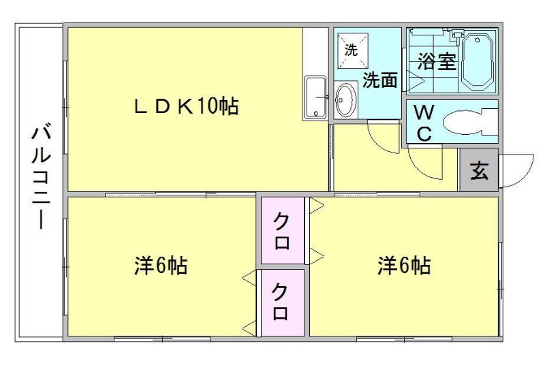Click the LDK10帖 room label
tap(185, 106)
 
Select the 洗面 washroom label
tap(379, 80)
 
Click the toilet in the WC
tap(469, 122)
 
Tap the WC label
tap(423, 123)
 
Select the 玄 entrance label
tap(480, 170)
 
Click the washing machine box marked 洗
tap(352, 49)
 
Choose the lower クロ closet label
tap(281, 303)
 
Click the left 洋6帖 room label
tap(161, 266)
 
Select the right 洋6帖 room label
tap(405, 266)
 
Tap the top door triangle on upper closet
tap(315, 206)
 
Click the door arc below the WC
tap(426, 163)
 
